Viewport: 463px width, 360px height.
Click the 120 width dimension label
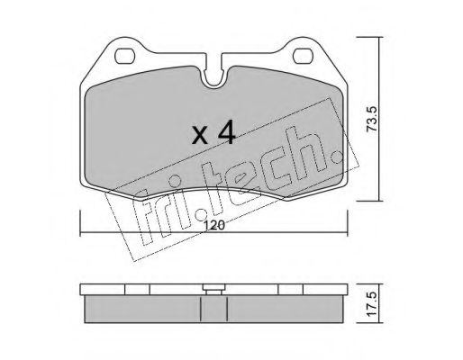(x=215, y=225)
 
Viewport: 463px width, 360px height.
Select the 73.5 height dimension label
(x=373, y=119)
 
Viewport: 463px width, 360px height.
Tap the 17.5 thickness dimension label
(x=372, y=303)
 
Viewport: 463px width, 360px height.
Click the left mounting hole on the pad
(x=124, y=56)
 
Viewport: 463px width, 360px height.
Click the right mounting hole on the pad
(x=303, y=56)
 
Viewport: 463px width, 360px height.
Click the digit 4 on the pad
(x=226, y=132)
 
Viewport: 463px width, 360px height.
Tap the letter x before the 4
(x=200, y=135)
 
